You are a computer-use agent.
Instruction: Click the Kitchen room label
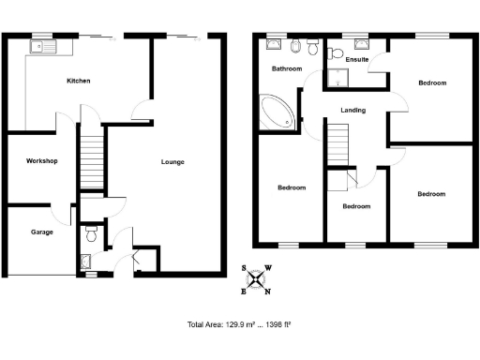pos(78,82)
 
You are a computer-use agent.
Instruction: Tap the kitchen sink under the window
pos(42,46)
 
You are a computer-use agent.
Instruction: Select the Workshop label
pos(42,161)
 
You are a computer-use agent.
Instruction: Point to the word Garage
pos(41,232)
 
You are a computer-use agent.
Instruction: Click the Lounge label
pos(172,161)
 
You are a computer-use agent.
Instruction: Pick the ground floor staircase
pos(91,160)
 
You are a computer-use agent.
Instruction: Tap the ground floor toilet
pos(91,230)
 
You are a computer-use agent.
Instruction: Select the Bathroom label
pos(286,69)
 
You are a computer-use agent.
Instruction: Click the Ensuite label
pos(356,60)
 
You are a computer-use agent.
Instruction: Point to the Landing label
pos(352,111)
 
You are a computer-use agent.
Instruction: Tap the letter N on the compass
pos(269,291)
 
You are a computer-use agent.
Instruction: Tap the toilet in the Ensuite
pos(362,47)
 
